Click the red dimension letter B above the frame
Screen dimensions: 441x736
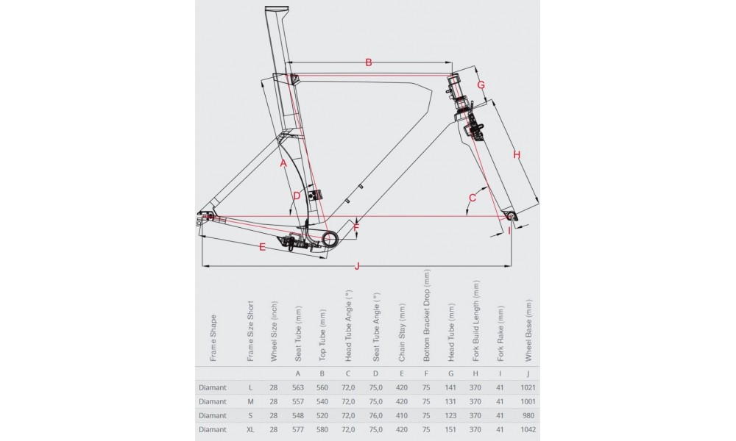(x=369, y=62)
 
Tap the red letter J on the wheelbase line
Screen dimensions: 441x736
(x=357, y=265)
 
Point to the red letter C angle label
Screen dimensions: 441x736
(x=473, y=197)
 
